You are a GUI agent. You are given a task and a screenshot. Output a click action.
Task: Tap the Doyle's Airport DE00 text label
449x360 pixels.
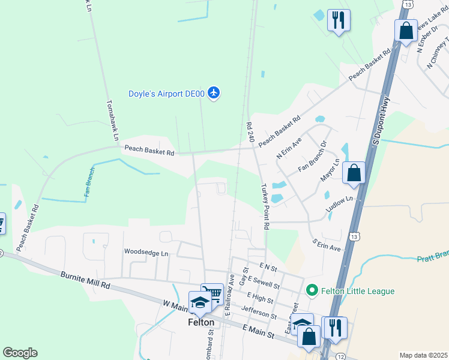tap(166, 94)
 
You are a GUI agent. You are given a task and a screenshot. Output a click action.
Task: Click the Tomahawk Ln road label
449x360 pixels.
tap(112, 121)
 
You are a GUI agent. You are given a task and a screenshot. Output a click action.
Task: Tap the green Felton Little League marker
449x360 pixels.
tap(311, 291)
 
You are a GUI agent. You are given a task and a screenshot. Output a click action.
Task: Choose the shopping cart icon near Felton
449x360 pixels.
tap(212, 293)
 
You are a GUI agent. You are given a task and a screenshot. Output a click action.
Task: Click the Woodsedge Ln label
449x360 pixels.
tap(146, 253)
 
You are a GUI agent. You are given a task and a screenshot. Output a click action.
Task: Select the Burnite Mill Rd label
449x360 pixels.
tap(86, 279)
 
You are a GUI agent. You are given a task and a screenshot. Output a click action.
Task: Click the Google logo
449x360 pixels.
tap(20, 352)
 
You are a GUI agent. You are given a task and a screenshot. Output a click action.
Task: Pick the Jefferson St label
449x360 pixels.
tap(258, 312)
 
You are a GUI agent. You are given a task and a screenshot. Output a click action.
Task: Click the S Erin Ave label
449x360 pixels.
tap(325, 244)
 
